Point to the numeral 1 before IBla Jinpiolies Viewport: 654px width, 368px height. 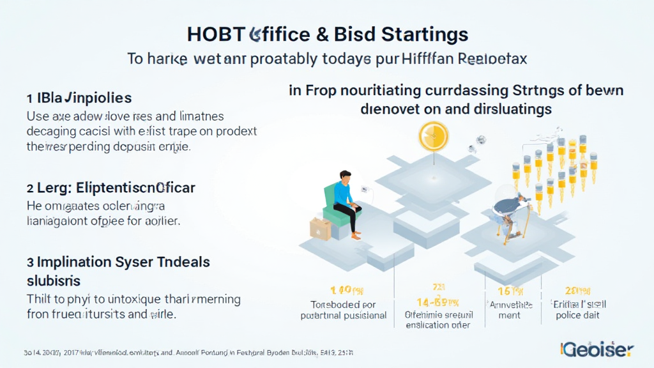click(x=29, y=98)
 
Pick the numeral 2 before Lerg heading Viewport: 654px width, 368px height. click(x=29, y=188)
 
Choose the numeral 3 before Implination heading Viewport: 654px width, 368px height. click(x=29, y=263)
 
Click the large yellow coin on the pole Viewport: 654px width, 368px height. click(x=434, y=136)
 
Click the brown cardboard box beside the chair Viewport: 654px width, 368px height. click(x=321, y=228)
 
